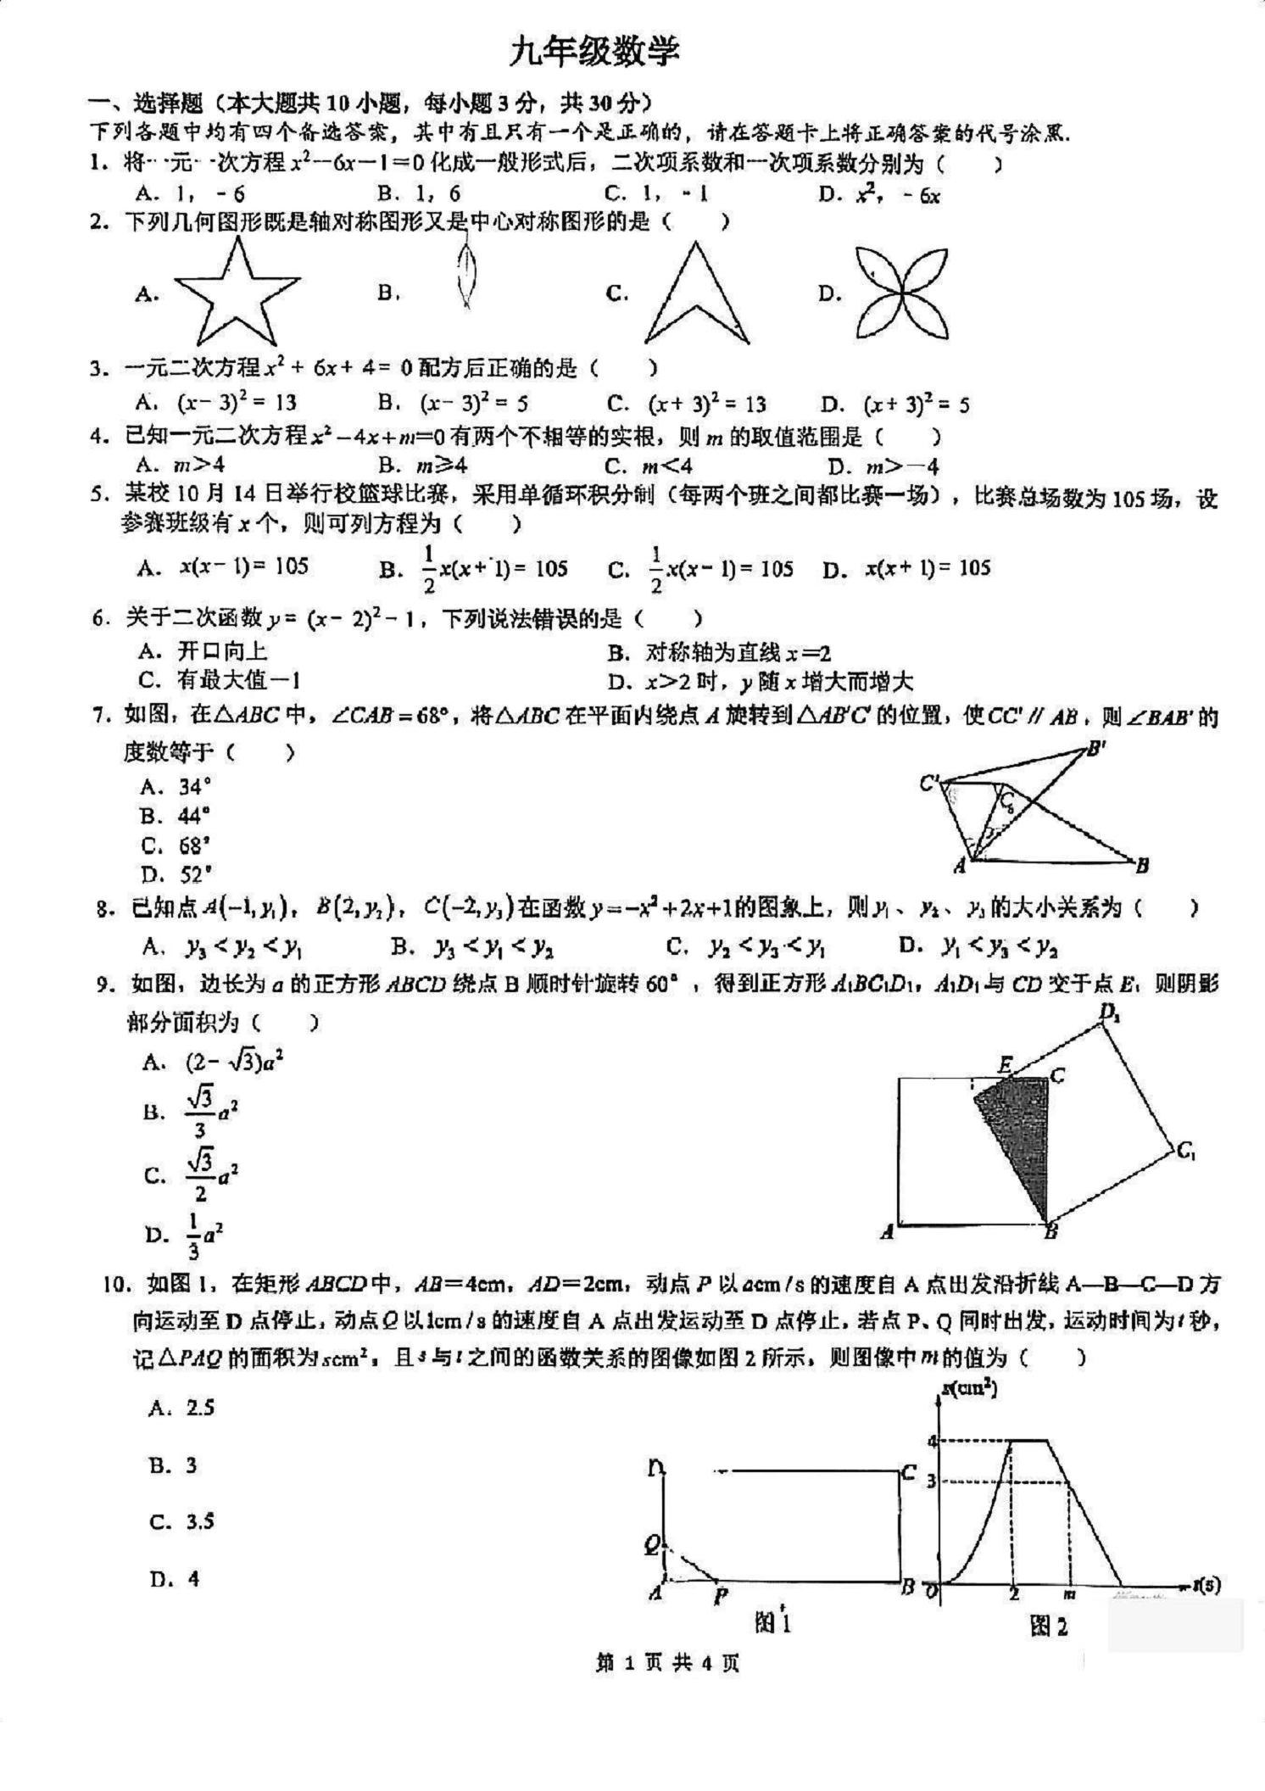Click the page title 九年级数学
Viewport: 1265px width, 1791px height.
click(x=593, y=53)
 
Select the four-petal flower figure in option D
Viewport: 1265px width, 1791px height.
click(x=900, y=293)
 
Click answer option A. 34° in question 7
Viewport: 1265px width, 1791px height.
click(x=176, y=787)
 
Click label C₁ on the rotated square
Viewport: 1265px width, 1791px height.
click(x=1185, y=1152)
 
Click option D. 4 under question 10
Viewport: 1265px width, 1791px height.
click(x=175, y=1579)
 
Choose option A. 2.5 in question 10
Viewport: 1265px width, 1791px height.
click(x=181, y=1409)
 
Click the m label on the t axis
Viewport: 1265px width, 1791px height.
click(x=1069, y=1594)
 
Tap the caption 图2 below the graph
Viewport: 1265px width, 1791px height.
click(x=1049, y=1625)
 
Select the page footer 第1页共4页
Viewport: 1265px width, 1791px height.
click(x=667, y=1687)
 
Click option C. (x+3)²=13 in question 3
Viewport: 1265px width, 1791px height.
click(x=686, y=405)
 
